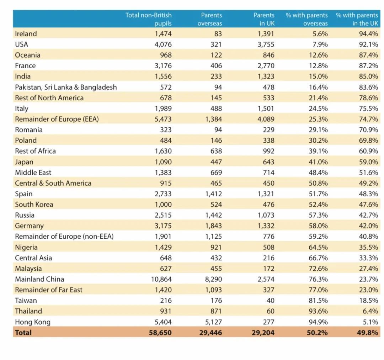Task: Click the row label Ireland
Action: point(26,34)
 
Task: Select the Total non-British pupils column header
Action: point(148,19)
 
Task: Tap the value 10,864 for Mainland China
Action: point(161,279)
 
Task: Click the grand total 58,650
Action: point(160,333)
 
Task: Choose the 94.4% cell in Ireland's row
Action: point(368,34)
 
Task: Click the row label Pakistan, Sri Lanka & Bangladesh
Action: point(66,87)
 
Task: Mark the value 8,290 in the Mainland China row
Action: point(213,279)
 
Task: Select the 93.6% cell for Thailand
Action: point(318,311)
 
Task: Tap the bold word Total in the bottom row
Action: point(23,333)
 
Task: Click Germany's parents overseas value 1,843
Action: point(213,226)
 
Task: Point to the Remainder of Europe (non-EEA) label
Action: point(64,237)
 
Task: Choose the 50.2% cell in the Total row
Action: point(318,333)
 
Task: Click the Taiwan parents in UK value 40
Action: point(270,301)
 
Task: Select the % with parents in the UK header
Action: point(357,19)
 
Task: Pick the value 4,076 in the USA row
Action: point(163,44)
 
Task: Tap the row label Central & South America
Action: point(53,183)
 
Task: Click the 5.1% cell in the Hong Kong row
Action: point(370,322)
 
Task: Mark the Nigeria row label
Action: point(26,247)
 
